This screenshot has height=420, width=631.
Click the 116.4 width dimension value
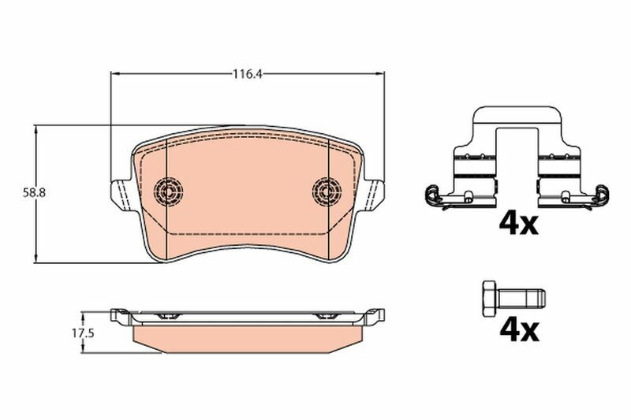click(247, 75)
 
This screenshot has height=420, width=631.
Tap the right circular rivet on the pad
click(325, 189)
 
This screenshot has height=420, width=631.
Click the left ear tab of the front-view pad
click(119, 194)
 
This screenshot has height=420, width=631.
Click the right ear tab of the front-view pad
click(376, 194)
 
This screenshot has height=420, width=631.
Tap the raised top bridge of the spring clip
click(517, 114)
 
